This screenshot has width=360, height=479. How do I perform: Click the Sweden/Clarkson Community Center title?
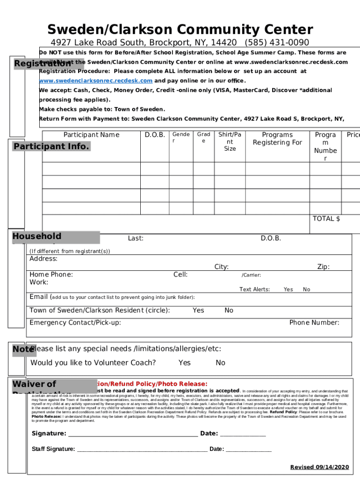pos(180,30)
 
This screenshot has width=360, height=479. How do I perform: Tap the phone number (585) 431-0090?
pos(276,43)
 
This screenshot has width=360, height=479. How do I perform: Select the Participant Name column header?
pos(92,135)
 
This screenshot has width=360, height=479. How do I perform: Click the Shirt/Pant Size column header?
pos(230,142)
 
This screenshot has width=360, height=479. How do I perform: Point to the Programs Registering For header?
pos(277,139)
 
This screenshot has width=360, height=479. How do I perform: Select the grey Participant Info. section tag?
pos(51,146)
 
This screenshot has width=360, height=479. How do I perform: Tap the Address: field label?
pos(43,259)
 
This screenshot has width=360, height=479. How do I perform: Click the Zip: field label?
pos(323,267)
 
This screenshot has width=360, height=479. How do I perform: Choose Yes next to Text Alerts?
pos(288,290)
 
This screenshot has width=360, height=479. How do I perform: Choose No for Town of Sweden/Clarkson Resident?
pos(229,311)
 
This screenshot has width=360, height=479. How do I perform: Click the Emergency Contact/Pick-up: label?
pos(75,323)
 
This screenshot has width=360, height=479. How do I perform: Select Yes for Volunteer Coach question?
pos(184,363)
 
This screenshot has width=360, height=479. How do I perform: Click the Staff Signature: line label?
pos(53,449)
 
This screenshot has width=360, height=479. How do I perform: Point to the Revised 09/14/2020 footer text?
pos(319,467)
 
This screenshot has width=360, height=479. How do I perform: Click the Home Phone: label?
pos(51,275)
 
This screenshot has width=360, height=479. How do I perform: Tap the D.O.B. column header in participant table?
pos(154,135)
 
